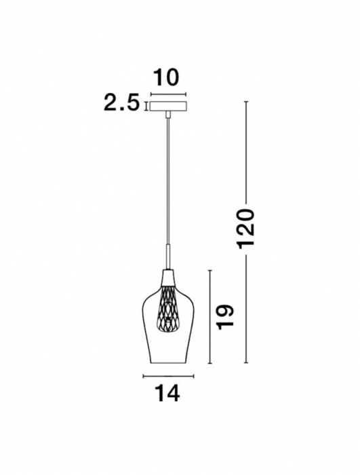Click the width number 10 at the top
167,77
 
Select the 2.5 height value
122,103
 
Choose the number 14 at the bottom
167,394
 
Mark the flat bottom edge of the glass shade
167,364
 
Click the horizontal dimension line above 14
167,375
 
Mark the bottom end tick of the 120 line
246,364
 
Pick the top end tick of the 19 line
212,270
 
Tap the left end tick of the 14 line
144,375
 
